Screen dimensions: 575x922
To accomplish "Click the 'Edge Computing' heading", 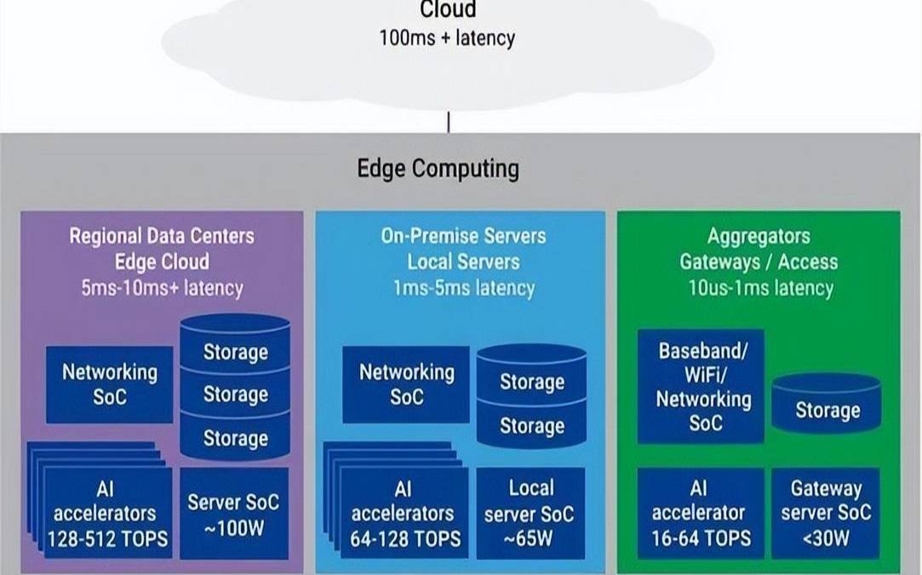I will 438,168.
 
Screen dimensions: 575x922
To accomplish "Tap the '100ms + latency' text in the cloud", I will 447,38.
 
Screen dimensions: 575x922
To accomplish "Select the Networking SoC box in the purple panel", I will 109,384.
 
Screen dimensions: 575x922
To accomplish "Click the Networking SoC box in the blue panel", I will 406,384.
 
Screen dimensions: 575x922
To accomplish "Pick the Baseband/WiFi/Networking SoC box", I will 701,387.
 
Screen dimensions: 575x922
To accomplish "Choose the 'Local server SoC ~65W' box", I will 530,513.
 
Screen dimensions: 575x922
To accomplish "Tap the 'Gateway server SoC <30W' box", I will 826,513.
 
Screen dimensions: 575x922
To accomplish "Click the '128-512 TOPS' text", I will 107,539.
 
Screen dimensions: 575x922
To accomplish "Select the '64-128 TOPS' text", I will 405,539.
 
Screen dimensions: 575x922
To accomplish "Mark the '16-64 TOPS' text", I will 702,538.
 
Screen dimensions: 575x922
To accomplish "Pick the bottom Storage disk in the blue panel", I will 531,427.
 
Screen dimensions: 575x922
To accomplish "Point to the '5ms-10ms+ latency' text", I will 162,287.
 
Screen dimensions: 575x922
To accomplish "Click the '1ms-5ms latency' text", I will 464,287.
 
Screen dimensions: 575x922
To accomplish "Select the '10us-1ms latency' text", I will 760,287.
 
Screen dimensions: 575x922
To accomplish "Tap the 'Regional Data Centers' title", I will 162,236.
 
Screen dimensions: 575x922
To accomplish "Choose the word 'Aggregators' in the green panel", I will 759,236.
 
